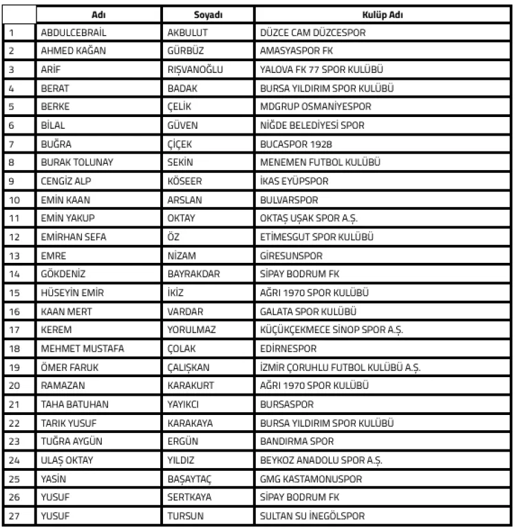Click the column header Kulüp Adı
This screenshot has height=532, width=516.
[x=382, y=14]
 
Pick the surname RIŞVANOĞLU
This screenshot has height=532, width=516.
[x=195, y=70]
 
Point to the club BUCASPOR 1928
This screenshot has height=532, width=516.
[x=296, y=144]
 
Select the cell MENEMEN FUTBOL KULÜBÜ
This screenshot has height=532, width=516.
[x=320, y=162]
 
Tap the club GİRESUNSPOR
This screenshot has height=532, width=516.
[x=291, y=255]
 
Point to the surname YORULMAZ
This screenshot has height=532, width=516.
[x=192, y=330]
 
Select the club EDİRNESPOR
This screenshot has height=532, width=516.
[x=288, y=348]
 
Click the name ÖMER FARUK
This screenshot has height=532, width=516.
[x=70, y=367]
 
